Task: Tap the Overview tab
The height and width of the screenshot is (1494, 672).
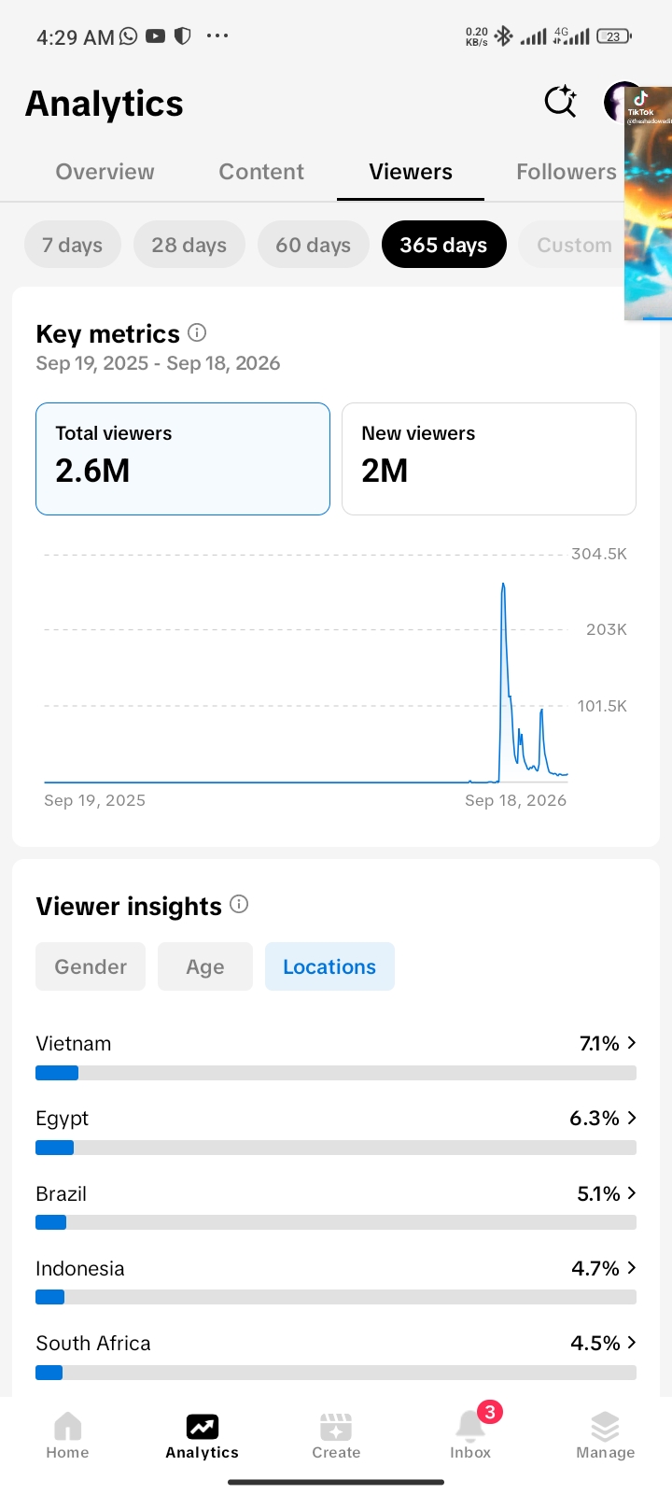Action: point(105,172)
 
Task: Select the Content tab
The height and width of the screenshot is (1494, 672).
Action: point(261,172)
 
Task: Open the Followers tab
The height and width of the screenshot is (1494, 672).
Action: point(566,172)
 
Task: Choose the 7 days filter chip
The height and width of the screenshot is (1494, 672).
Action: point(73,245)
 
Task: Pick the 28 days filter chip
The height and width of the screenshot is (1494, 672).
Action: point(189,245)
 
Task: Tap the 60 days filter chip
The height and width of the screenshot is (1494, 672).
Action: point(314,245)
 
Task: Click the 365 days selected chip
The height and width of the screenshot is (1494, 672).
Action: point(444,245)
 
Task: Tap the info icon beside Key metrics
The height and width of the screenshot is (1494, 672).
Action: point(197,332)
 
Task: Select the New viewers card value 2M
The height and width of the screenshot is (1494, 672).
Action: point(385,471)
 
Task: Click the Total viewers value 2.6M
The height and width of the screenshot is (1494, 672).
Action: point(92,471)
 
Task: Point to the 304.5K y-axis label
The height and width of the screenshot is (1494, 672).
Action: point(598,554)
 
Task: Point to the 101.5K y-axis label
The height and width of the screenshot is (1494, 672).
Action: point(602,706)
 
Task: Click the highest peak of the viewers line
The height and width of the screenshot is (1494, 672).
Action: point(503,585)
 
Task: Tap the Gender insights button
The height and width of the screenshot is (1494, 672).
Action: point(91,966)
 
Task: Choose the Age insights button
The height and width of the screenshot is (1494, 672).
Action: point(205,966)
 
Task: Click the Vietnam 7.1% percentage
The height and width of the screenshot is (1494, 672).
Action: point(599,1043)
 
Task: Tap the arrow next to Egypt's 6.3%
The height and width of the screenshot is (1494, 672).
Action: point(631,1117)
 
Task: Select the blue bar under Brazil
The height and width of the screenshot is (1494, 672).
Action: point(51,1222)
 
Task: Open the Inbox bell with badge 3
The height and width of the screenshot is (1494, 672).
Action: point(470,1428)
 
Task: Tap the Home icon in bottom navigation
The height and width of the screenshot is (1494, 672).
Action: point(67,1427)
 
